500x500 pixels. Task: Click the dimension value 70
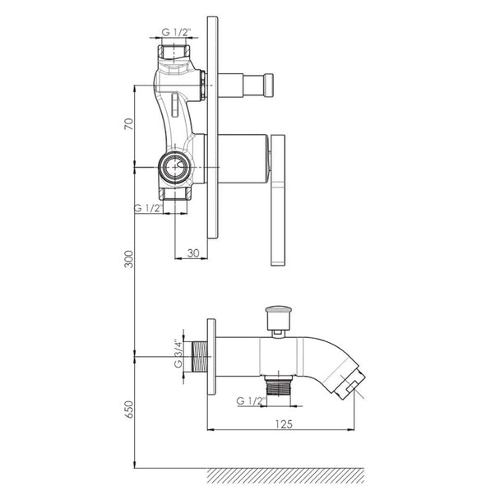128,123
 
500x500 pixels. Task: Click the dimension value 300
128,259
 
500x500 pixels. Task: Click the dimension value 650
128,410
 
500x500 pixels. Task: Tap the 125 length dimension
284,424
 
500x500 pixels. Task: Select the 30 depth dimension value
193,253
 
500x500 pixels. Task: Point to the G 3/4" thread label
178,354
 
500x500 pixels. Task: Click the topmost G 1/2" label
176,32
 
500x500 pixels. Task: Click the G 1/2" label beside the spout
251,400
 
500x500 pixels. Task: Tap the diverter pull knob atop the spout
279,320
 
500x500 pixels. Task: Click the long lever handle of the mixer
278,200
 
